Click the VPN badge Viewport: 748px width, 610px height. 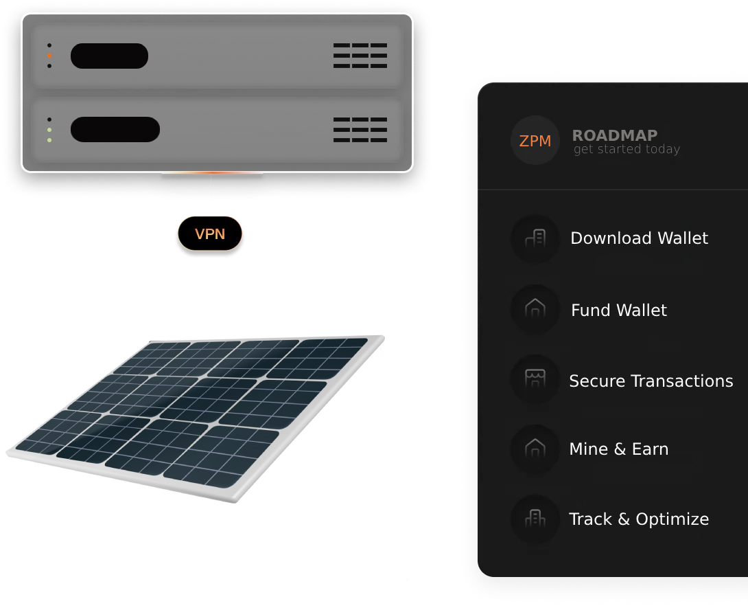(210, 234)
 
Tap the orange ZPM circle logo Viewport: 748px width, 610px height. (535, 141)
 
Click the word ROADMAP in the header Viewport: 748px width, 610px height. (615, 135)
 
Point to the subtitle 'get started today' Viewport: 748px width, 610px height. (627, 149)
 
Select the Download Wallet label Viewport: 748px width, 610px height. (639, 238)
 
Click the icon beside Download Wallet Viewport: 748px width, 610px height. (535, 238)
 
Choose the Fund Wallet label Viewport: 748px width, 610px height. (618, 310)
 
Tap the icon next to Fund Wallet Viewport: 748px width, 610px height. (535, 309)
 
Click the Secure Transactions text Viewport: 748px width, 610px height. (651, 381)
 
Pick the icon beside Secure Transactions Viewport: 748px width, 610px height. (535, 379)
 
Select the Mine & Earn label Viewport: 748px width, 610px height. (618, 449)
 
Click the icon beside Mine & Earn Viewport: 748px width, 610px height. (535, 449)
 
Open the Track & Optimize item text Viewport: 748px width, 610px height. (638, 519)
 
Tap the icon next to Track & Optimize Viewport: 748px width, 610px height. (535, 519)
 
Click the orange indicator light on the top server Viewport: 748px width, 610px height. (49, 55)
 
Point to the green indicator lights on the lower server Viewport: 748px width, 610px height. (49, 135)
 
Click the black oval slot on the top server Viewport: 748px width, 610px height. (109, 56)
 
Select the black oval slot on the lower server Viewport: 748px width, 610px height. (115, 129)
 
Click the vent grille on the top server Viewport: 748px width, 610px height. (360, 56)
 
